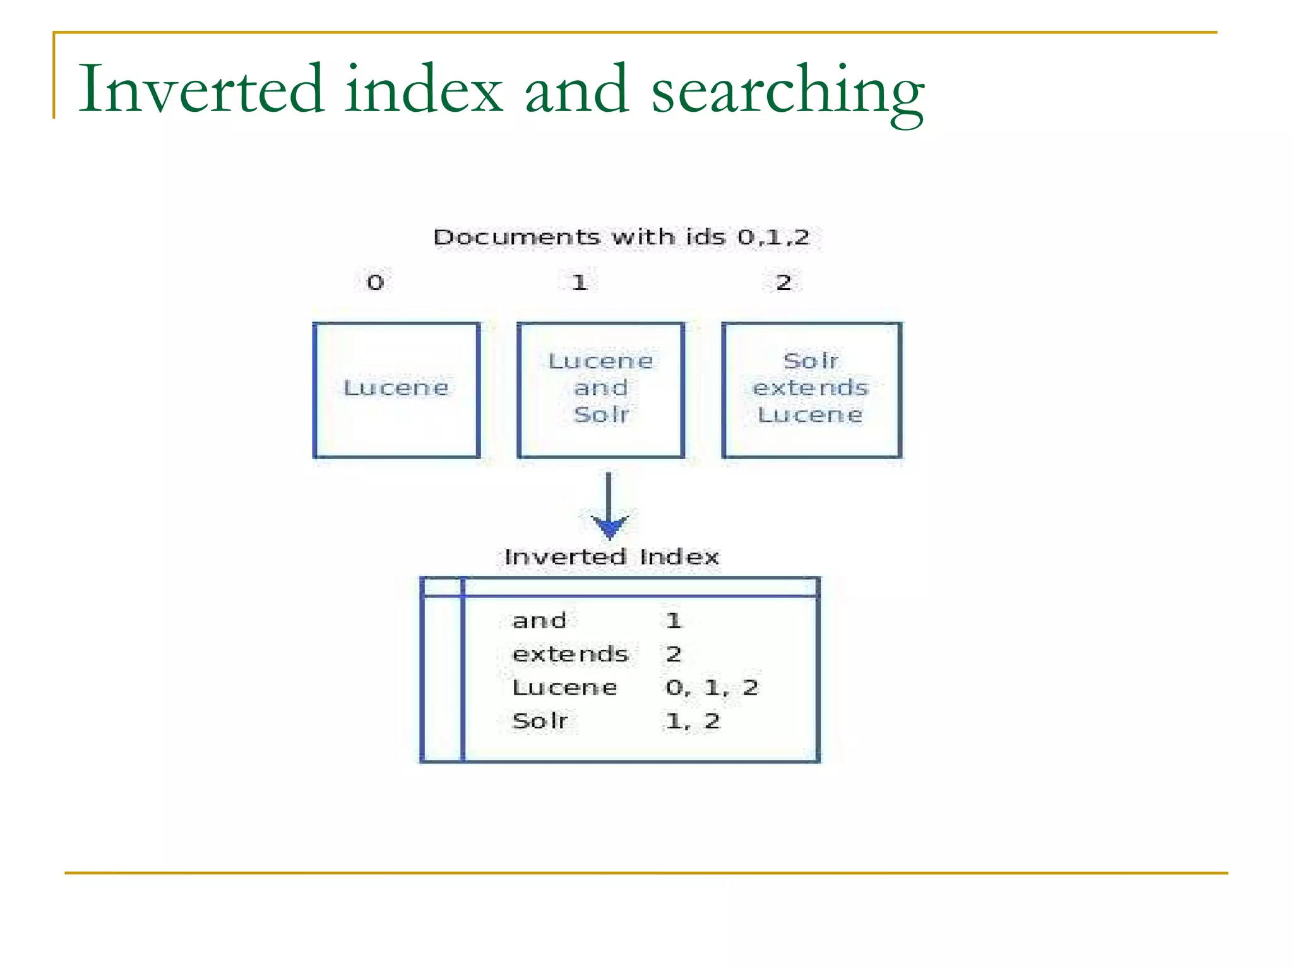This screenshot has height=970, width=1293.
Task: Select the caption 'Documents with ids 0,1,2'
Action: pos(621,237)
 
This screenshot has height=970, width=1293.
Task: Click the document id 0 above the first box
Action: pos(375,282)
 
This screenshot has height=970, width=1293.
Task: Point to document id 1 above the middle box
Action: pos(580,282)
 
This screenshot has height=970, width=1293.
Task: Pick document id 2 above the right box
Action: pos(784,282)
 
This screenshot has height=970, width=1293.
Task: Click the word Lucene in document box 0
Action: pos(396,388)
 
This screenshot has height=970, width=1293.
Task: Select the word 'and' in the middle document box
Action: pos(600,388)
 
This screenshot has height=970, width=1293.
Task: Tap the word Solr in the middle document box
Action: pos(601,415)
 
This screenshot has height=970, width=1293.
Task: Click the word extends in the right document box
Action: pos(811,388)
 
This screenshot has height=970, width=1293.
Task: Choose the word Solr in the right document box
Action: pos(811,361)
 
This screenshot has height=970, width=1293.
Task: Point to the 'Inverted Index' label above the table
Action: pos(611,557)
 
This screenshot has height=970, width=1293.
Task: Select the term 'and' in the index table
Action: pos(539,621)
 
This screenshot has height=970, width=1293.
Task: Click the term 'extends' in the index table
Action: pos(570,654)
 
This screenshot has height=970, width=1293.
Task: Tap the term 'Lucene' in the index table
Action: pos(564,688)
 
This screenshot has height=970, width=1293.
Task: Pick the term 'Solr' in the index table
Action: pos(540,721)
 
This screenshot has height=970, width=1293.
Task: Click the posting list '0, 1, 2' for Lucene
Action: pos(712,688)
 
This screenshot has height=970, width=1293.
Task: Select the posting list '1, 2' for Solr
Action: pos(693,721)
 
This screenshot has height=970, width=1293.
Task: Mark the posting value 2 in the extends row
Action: pos(674,654)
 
